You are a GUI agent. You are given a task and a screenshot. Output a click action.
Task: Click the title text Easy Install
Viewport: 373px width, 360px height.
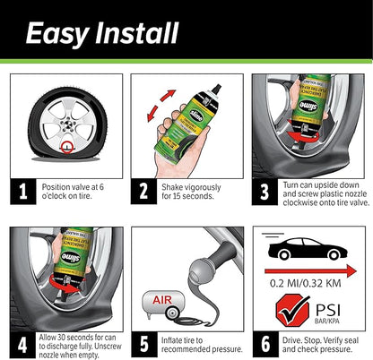[x=100, y=34]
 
